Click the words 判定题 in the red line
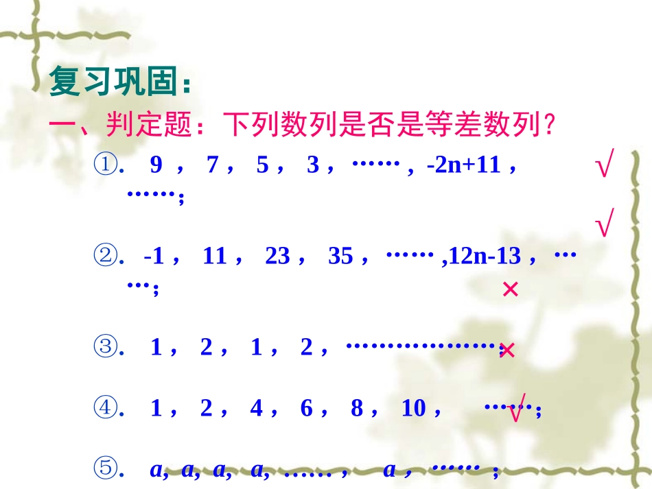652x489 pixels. coord(142,126)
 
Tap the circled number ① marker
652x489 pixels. coord(106,165)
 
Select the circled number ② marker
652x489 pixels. coord(106,257)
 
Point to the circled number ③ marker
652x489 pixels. coord(106,348)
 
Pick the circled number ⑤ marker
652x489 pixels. coord(106,470)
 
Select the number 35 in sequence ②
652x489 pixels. coord(340,257)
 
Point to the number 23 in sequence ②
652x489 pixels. coord(277,257)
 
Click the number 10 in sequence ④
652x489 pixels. coord(414,409)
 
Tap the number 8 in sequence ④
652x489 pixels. coord(357,409)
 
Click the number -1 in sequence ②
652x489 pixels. coord(154,257)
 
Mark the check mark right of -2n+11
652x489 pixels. coord(603,167)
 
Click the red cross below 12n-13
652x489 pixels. coord(510,290)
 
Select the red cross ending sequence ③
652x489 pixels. coord(507,351)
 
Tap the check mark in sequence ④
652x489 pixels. coord(517,409)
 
